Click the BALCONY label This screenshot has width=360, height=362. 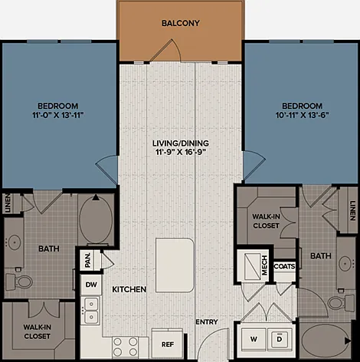pos(181,23)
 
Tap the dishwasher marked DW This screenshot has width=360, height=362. pos(91,285)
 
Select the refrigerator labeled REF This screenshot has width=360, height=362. pos(167,344)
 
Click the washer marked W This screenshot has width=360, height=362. pos(254,339)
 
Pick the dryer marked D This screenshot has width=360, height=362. pos(280,339)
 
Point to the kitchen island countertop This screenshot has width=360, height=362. pos(175,265)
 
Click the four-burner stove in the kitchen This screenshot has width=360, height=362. pos(126,347)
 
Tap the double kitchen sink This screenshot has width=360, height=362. pos(91,311)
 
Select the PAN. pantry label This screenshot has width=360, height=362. pos(87,260)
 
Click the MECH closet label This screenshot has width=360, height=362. pos(264,265)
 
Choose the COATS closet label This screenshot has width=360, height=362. pos(284,266)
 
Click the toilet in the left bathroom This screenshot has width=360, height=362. pos(18,281)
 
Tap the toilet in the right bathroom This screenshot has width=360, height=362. pos(341,302)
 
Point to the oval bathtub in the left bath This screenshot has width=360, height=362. pos(96,219)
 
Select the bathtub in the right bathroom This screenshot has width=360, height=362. pos(325,341)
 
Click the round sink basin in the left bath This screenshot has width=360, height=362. pos(15,242)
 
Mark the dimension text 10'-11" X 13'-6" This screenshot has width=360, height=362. pos(302,115)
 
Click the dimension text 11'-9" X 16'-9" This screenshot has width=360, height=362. pos(181,152)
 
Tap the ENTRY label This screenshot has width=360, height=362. pos(207,322)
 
